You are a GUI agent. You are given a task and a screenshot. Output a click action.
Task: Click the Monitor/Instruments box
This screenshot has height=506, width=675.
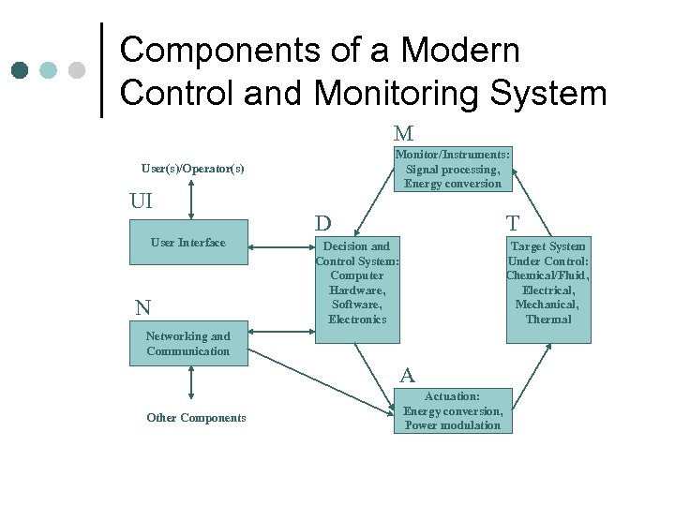click(x=453, y=170)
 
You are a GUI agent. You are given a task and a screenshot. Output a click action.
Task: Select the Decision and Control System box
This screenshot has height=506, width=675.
click(x=357, y=283)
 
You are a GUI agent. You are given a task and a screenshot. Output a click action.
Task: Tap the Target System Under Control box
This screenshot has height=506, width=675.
click(x=548, y=283)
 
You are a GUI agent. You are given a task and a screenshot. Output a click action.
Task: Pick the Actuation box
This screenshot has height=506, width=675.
click(x=453, y=411)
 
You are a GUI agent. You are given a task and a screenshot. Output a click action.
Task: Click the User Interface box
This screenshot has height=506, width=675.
click(x=188, y=244)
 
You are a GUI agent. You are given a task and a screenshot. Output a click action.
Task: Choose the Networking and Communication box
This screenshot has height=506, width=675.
click(x=188, y=344)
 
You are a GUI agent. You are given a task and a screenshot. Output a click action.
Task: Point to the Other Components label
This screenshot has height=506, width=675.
click(x=196, y=418)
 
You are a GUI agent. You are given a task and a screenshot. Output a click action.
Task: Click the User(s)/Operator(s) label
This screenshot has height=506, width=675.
click(x=192, y=169)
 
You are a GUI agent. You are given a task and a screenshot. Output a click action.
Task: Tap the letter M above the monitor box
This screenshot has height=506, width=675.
click(x=404, y=134)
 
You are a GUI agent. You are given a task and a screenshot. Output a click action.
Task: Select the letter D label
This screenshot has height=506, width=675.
click(x=323, y=224)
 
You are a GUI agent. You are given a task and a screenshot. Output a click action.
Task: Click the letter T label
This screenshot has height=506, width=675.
click(x=513, y=223)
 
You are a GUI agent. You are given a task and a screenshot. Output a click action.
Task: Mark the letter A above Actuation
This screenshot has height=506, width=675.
click(x=407, y=376)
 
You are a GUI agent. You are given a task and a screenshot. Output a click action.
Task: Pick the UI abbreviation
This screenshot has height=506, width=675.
click(x=141, y=201)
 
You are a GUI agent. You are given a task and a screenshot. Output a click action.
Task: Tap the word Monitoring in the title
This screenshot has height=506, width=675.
click(x=394, y=94)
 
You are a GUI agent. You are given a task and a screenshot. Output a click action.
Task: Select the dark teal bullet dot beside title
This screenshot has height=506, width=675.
click(x=20, y=70)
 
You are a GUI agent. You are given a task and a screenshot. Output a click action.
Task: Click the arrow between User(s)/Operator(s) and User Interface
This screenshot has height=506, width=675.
click(x=191, y=200)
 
